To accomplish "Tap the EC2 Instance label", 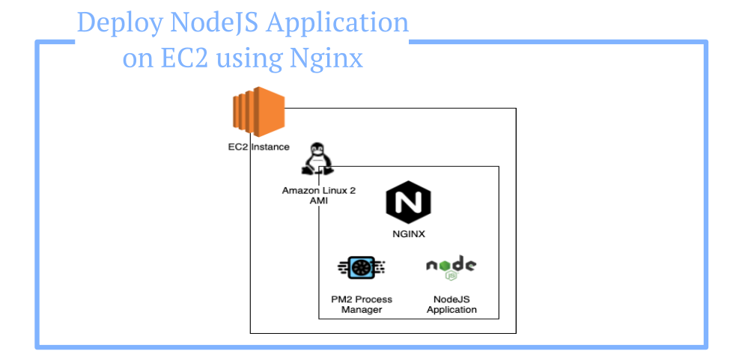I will pyautogui.click(x=258, y=147).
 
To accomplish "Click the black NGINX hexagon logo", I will pyautogui.click(x=408, y=204).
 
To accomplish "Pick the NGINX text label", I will pyautogui.click(x=409, y=234).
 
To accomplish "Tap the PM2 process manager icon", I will pyautogui.click(x=361, y=266).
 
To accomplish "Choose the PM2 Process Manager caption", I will pyautogui.click(x=362, y=305).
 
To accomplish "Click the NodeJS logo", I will pyautogui.click(x=451, y=266).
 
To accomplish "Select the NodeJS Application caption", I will pyautogui.click(x=451, y=305).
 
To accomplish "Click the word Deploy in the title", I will pyautogui.click(x=117, y=23).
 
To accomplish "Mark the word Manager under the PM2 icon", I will pyautogui.click(x=362, y=310).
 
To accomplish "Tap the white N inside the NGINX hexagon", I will pyautogui.click(x=408, y=204).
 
